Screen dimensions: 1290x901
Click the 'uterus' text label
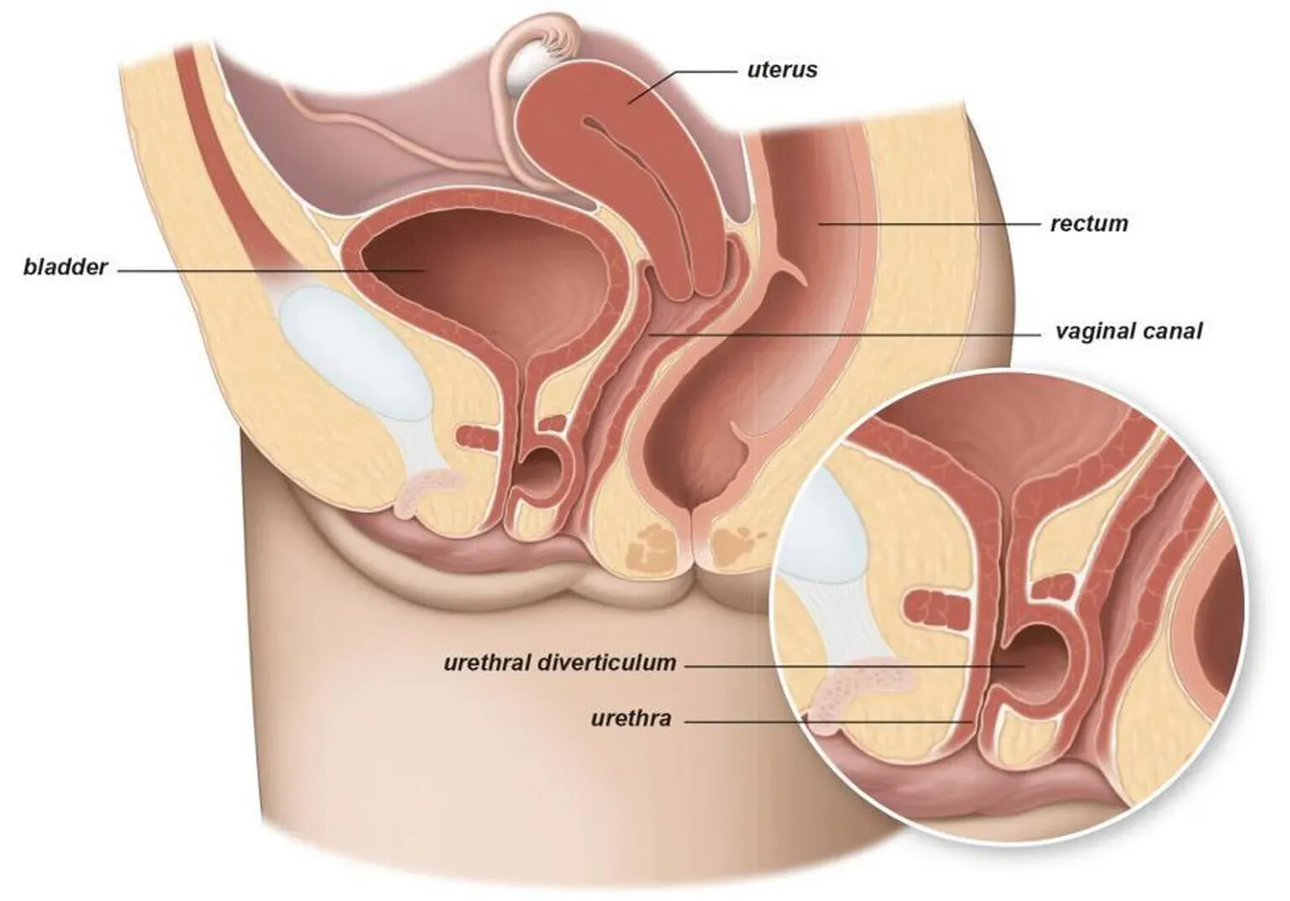782,71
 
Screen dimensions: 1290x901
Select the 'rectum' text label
1089,223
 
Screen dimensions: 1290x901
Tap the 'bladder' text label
66,268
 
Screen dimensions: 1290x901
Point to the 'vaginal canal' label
1129,333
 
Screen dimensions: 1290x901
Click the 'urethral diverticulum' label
560,663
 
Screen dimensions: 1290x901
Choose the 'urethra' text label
632,719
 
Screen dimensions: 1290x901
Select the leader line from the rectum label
929,224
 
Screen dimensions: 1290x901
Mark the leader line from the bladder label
271,270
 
